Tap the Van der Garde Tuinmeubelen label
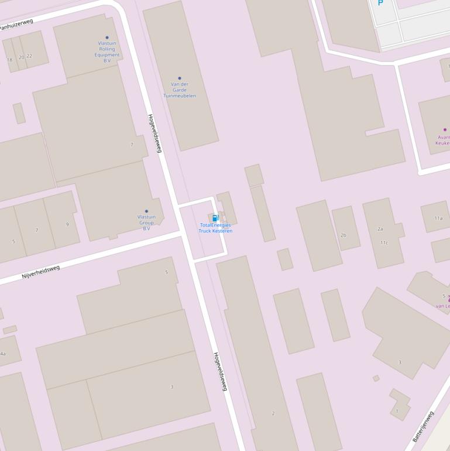[x=180, y=90]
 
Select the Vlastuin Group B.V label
[x=146, y=222]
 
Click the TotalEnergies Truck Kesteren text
[x=215, y=228]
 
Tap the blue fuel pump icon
[x=215, y=218]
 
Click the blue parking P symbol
[x=380, y=3]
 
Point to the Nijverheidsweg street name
[x=41, y=272]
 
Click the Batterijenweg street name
[x=423, y=427]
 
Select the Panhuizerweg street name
[x=16, y=24]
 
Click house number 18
[x=9, y=60]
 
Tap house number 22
[x=29, y=56]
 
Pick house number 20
[x=22, y=57]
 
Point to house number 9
[x=67, y=224]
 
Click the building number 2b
[x=343, y=235]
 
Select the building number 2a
[x=380, y=229]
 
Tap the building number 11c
[x=384, y=242]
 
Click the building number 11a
[x=438, y=218]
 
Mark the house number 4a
[x=3, y=354]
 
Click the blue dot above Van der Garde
[x=180, y=78]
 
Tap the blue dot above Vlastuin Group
[x=146, y=211]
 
